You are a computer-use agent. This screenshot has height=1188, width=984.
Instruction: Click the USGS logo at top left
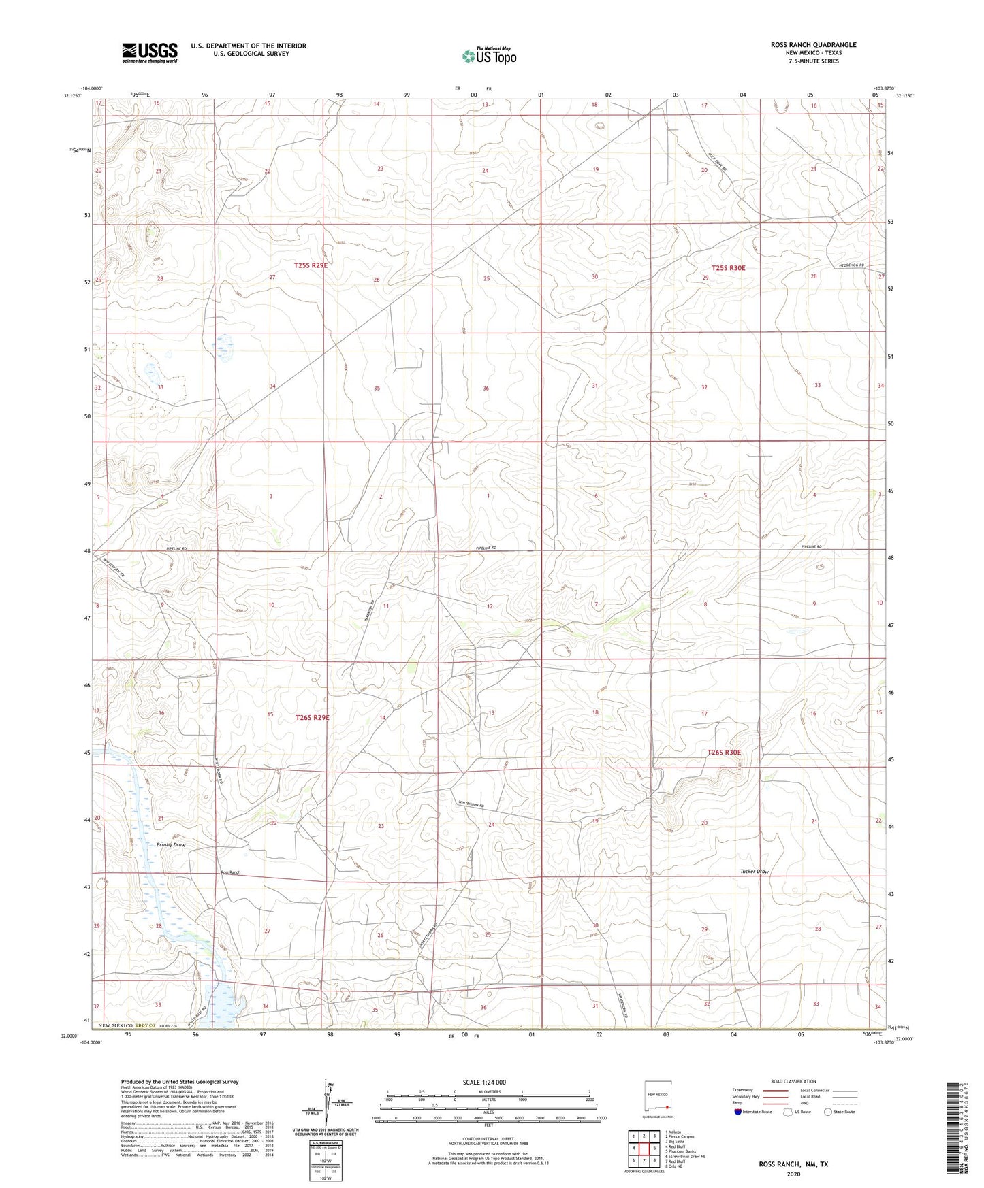pyautogui.click(x=150, y=52)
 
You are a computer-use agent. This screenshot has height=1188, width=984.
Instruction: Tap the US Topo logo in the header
pyautogui.click(x=488, y=56)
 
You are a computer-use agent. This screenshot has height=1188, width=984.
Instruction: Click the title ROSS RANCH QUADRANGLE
pyautogui.click(x=813, y=45)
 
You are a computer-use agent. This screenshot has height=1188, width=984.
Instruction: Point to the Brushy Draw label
pyautogui.click(x=170, y=845)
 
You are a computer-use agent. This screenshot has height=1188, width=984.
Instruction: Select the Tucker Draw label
pyautogui.click(x=754, y=872)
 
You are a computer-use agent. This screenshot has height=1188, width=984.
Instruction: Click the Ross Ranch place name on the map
pyautogui.click(x=230, y=872)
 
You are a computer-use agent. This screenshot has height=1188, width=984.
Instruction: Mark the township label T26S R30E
pyautogui.click(x=724, y=753)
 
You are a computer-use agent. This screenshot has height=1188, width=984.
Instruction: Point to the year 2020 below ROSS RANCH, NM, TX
pyautogui.click(x=793, y=1174)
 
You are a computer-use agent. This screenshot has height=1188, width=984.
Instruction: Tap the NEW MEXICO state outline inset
pyautogui.click(x=658, y=1100)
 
